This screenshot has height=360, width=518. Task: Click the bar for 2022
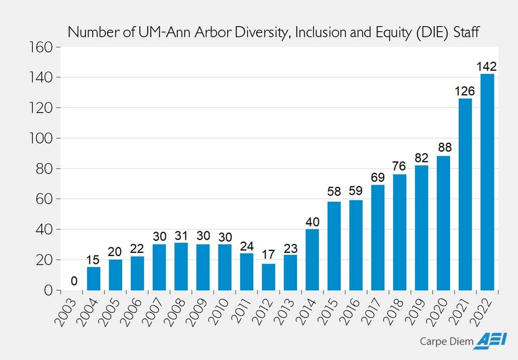[487, 182]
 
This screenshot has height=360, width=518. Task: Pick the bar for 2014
[312, 259]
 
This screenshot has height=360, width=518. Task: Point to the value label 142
[487, 66]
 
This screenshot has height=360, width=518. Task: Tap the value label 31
[181, 235]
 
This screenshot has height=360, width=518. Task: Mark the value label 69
[378, 177]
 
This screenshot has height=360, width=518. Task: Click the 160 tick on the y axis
[42, 47]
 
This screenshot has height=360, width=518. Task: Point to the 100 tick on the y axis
[42, 138]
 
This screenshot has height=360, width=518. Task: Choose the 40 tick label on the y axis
[45, 229]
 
